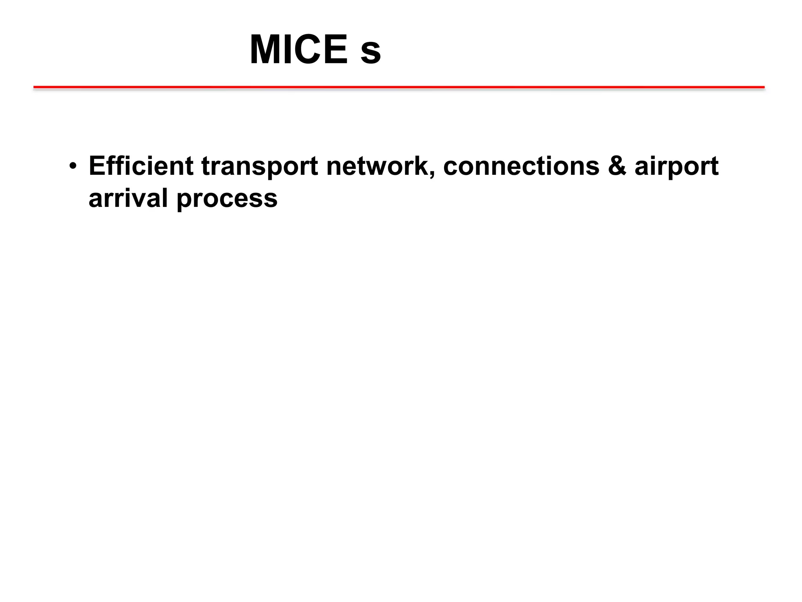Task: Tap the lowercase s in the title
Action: point(370,54)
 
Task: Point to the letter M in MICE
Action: point(268,50)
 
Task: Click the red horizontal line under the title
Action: point(399,87)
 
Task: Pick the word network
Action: point(376,166)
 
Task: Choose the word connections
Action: point(521,166)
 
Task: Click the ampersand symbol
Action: point(617,166)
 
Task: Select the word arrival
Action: point(128,198)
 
